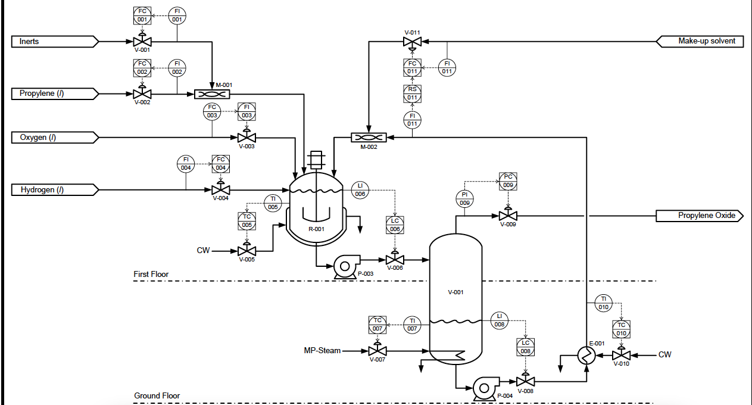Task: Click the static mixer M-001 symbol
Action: coord(212,94)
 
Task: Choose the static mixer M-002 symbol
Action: coord(369,137)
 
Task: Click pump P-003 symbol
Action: coord(344,265)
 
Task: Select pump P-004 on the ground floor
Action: coord(483,387)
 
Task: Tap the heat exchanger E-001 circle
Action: coord(586,356)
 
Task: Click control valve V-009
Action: coord(508,215)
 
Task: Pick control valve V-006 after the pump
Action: coord(395,260)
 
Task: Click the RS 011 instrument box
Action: coord(412,93)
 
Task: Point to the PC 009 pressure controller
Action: coord(508,181)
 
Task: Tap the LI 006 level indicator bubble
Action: coord(360,190)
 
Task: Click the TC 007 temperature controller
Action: coord(377,325)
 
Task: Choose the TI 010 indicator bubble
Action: coord(603,303)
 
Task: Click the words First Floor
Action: coord(151,275)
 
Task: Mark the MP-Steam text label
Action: coord(322,351)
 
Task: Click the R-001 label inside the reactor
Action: coord(316,229)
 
